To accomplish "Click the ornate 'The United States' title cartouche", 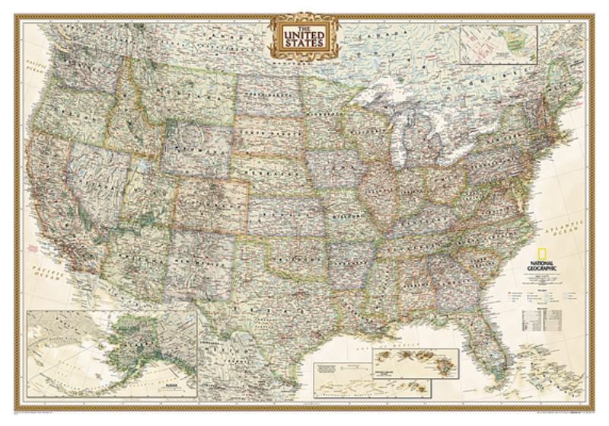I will click(304, 35).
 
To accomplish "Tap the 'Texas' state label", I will click(282, 305).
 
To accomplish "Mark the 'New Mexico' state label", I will click(202, 255).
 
